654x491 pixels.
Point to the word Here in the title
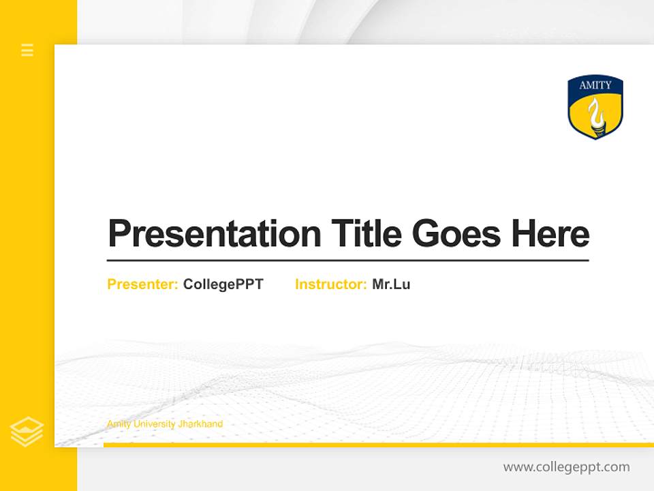click(550, 234)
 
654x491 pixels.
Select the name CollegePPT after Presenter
click(223, 284)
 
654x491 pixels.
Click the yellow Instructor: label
click(331, 284)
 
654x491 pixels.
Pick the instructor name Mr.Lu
click(391, 284)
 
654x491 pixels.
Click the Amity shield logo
click(595, 107)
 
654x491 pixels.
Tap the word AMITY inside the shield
click(595, 85)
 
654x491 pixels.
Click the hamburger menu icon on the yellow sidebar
click(27, 50)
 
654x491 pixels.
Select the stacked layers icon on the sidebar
click(27, 432)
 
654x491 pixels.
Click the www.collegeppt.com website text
click(566, 467)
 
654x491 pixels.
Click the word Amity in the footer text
click(117, 424)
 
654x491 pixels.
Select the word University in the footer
click(154, 424)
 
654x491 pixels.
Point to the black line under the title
click(347, 261)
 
